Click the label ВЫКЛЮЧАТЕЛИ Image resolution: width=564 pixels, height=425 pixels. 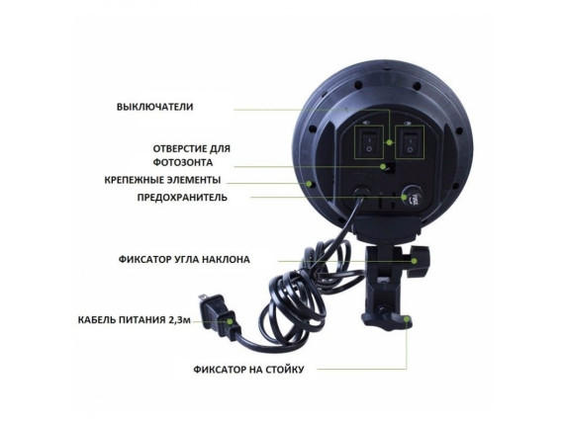click(x=154, y=107)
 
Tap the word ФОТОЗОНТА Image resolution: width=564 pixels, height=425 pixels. click(x=183, y=162)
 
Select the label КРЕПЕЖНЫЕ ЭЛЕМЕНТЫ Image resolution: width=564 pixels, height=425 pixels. click(x=162, y=180)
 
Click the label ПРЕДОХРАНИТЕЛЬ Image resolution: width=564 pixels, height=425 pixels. click(x=182, y=198)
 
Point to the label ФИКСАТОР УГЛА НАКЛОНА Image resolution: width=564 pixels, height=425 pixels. click(x=184, y=259)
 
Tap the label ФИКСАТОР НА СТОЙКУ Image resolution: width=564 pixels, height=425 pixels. click(x=248, y=370)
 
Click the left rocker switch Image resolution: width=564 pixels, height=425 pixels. click(x=368, y=142)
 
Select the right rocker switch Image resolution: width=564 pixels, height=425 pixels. click(x=410, y=142)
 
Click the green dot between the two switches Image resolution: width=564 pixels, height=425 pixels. click(x=389, y=142)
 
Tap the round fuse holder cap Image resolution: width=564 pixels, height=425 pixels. click(x=411, y=196)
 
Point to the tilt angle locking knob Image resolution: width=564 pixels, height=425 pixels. click(x=418, y=261)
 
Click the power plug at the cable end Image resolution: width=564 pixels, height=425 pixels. click(x=218, y=315)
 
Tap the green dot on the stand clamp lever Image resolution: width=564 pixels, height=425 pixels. click(x=407, y=318)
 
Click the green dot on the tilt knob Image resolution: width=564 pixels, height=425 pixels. click(x=414, y=261)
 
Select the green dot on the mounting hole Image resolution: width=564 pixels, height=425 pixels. click(x=309, y=184)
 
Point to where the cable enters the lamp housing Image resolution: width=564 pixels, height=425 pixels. click(x=360, y=193)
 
